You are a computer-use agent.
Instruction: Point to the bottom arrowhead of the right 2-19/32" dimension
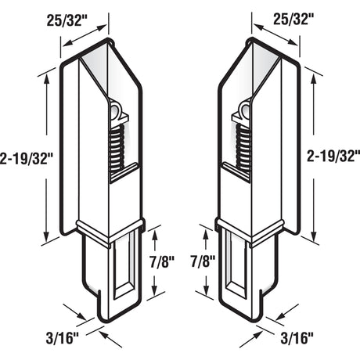tap(315, 239)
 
